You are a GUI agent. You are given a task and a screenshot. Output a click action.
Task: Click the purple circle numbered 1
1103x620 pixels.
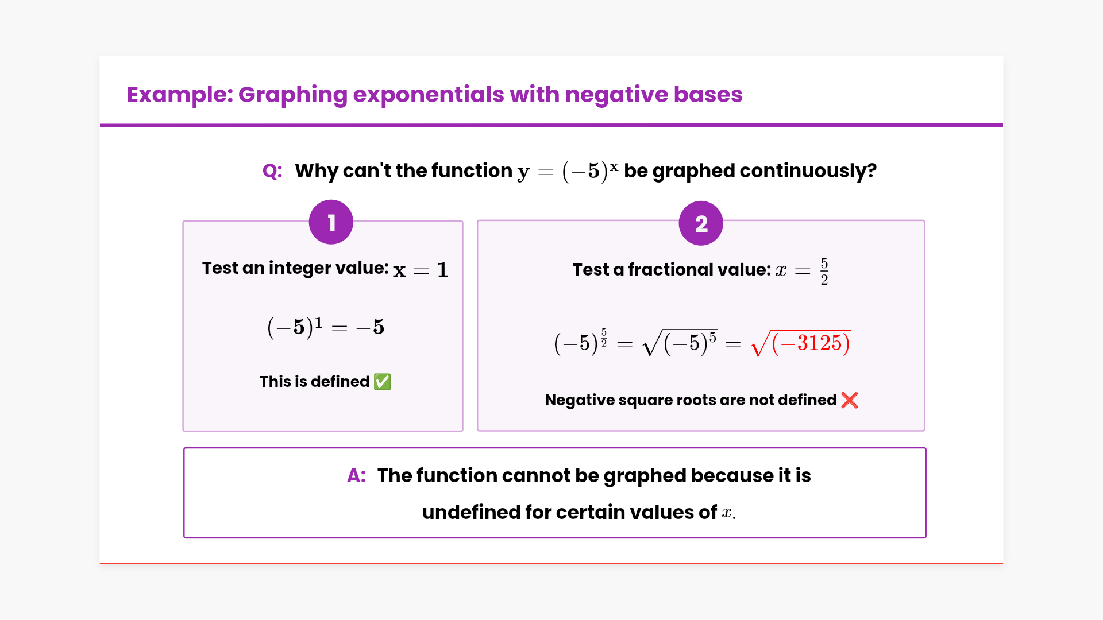pos(331,222)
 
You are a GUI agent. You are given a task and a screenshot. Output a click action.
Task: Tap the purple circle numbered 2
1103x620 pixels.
pos(701,223)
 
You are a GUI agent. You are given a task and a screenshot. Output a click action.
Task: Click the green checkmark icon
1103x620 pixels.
pos(382,382)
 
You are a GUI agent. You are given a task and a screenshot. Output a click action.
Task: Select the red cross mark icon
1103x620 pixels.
pos(850,400)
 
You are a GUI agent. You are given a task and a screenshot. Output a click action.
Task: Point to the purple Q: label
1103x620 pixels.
pos(272,171)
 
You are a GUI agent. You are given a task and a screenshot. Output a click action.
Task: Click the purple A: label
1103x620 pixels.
pos(356,476)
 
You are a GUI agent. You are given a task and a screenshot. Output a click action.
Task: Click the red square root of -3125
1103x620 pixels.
pos(801,343)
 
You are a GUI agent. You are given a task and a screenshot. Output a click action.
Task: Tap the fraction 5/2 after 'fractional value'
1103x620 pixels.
pos(824,272)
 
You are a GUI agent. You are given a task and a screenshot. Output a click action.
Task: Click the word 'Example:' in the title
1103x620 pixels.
pos(180,95)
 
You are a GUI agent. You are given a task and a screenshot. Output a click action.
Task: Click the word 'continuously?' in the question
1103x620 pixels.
pos(808,171)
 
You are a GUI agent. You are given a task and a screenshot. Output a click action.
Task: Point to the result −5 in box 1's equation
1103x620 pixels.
pos(371,327)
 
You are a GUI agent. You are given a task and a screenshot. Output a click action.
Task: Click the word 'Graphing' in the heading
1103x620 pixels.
pos(293,95)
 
